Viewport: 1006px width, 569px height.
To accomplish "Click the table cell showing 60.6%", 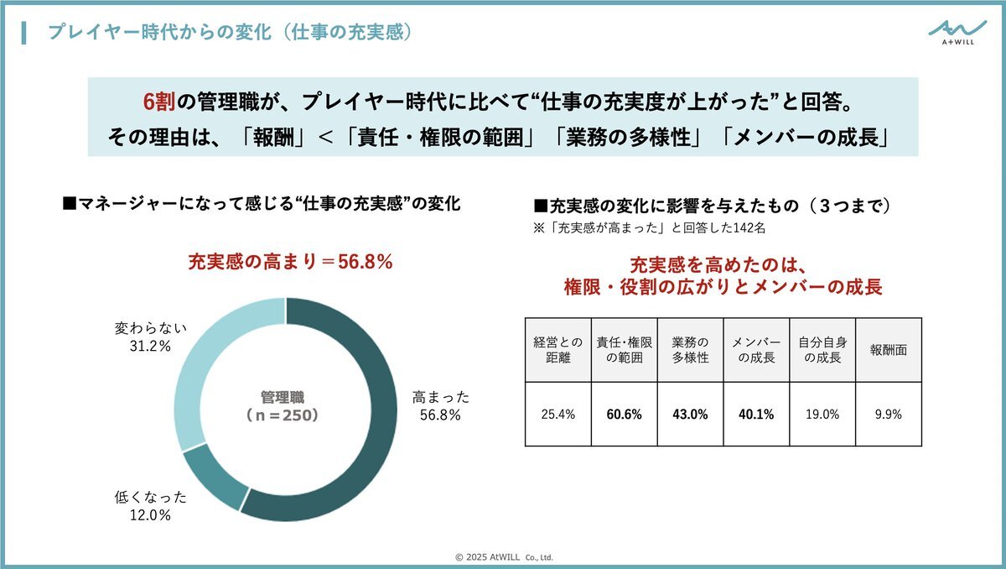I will click(625, 415).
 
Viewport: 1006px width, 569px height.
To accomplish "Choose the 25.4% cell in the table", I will click(557, 415).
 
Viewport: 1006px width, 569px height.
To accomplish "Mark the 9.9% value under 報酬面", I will click(888, 415).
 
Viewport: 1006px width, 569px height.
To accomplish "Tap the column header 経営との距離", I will click(557, 350).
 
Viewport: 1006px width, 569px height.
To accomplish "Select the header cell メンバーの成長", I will click(757, 350).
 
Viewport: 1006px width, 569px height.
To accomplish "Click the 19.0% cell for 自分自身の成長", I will click(822, 415).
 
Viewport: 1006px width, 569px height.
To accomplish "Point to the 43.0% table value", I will click(691, 415).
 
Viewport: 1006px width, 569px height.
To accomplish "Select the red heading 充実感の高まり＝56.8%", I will click(290, 262).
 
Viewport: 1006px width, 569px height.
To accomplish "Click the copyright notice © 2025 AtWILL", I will click(504, 556).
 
